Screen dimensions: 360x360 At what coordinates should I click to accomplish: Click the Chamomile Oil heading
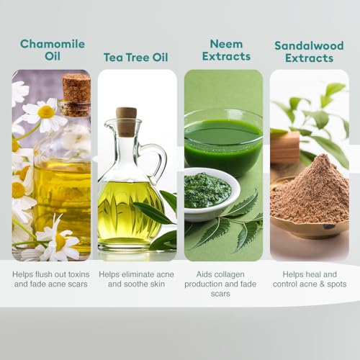click(x=53, y=50)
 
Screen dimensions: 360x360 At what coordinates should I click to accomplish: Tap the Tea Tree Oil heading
click(x=136, y=58)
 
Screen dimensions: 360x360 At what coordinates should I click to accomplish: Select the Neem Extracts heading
click(x=226, y=50)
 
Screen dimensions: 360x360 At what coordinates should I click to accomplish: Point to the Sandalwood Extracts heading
click(x=309, y=52)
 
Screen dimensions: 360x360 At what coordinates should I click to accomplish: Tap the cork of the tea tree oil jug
click(x=126, y=122)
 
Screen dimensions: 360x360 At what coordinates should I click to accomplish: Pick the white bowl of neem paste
click(x=211, y=194)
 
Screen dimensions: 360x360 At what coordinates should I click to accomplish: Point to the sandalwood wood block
click(x=285, y=147)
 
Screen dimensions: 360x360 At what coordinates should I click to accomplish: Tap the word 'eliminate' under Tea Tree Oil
click(x=136, y=274)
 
